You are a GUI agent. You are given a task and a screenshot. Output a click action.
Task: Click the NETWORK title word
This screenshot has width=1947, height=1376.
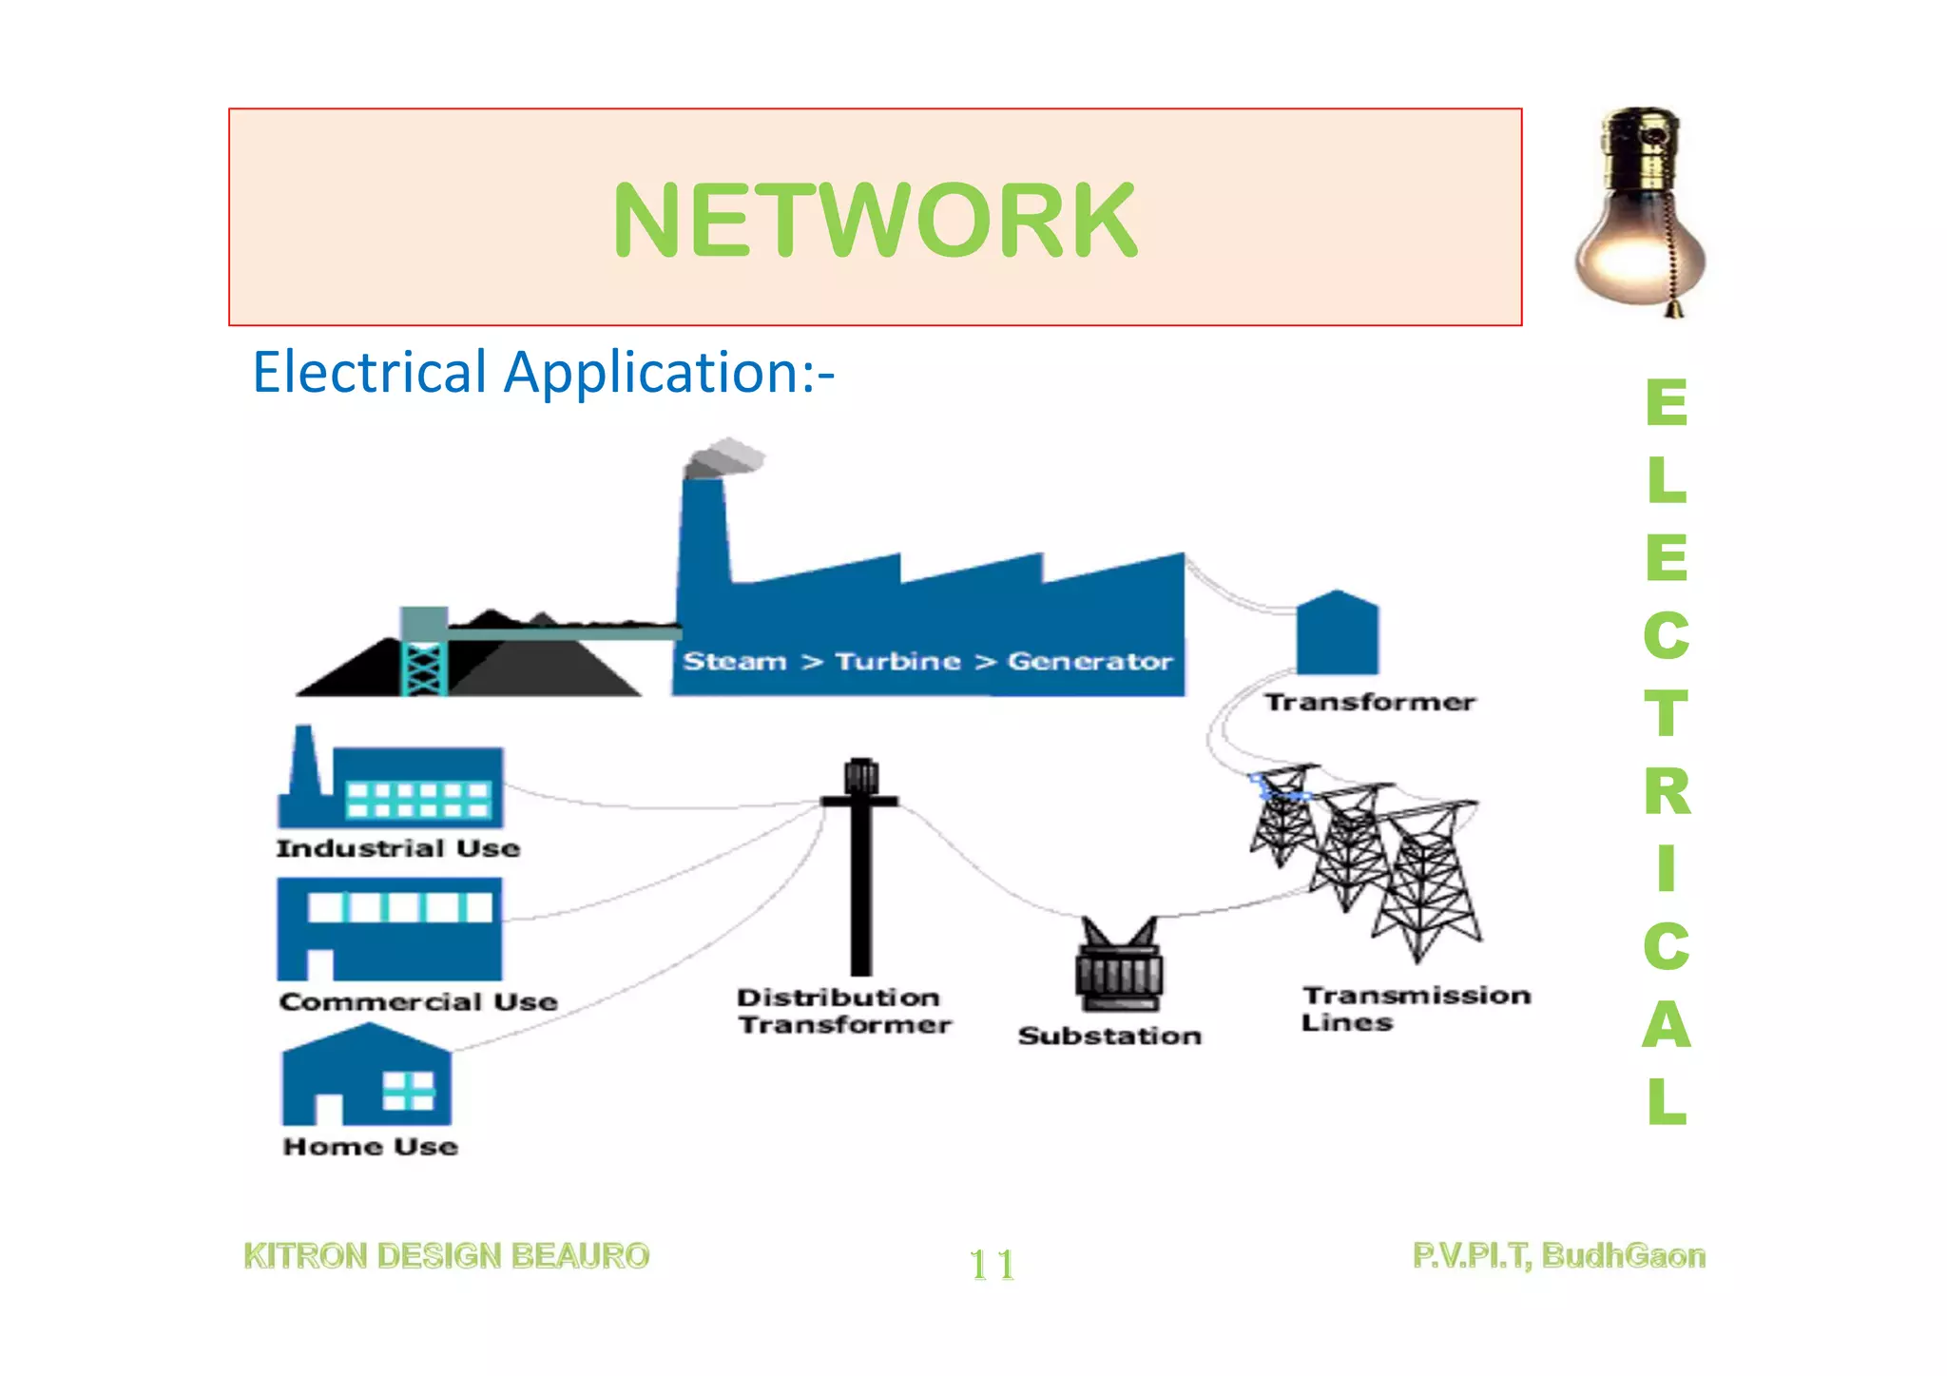875,221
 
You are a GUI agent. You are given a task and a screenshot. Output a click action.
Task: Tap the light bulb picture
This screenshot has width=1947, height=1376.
1639,214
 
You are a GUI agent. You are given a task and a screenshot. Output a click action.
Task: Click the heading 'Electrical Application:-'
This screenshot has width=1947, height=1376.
543,372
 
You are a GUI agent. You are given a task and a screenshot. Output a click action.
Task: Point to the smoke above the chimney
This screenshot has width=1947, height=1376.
725,457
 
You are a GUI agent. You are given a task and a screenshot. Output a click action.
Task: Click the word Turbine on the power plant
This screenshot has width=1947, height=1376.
897,661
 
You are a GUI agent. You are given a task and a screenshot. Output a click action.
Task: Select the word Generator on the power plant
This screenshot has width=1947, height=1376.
1089,661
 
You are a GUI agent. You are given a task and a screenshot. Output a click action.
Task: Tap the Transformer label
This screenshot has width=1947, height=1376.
1369,703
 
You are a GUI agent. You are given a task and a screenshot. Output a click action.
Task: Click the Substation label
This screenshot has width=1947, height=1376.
1109,1036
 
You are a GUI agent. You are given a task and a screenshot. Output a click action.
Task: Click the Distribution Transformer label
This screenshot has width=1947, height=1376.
843,1011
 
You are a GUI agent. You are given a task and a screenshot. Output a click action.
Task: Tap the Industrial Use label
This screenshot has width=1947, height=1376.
398,848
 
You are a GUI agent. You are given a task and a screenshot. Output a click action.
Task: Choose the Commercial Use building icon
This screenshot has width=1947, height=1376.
390,929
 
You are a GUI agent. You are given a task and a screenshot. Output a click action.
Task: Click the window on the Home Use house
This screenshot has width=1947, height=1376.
409,1091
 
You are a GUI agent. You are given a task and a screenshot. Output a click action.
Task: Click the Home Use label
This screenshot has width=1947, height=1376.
371,1147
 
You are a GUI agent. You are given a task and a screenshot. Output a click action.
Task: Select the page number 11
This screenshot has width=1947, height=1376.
992,1265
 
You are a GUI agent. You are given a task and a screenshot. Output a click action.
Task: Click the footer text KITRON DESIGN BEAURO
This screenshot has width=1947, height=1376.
447,1256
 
